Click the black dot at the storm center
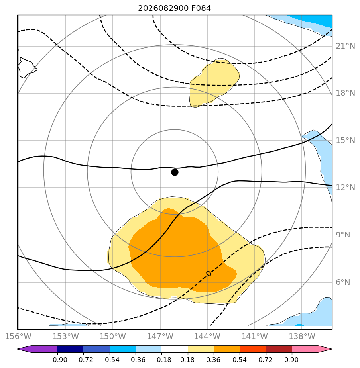(x=175, y=172)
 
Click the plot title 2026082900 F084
(x=174, y=8)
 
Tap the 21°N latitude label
(x=345, y=46)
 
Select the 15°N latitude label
(x=345, y=140)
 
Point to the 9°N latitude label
(x=343, y=235)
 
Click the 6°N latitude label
(x=343, y=282)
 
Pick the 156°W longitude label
(x=18, y=336)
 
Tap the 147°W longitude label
(x=160, y=336)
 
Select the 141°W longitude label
(x=255, y=336)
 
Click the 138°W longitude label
(x=302, y=336)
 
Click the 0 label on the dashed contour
(x=209, y=274)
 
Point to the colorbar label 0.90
(x=291, y=360)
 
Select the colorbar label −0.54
(x=110, y=360)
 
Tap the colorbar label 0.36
(x=213, y=360)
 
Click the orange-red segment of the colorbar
(x=253, y=349)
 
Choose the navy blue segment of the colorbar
(x=70, y=349)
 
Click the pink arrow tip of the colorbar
(x=332, y=349)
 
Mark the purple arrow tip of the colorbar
(x=18, y=349)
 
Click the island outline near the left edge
(x=27, y=68)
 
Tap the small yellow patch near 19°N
(x=212, y=82)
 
